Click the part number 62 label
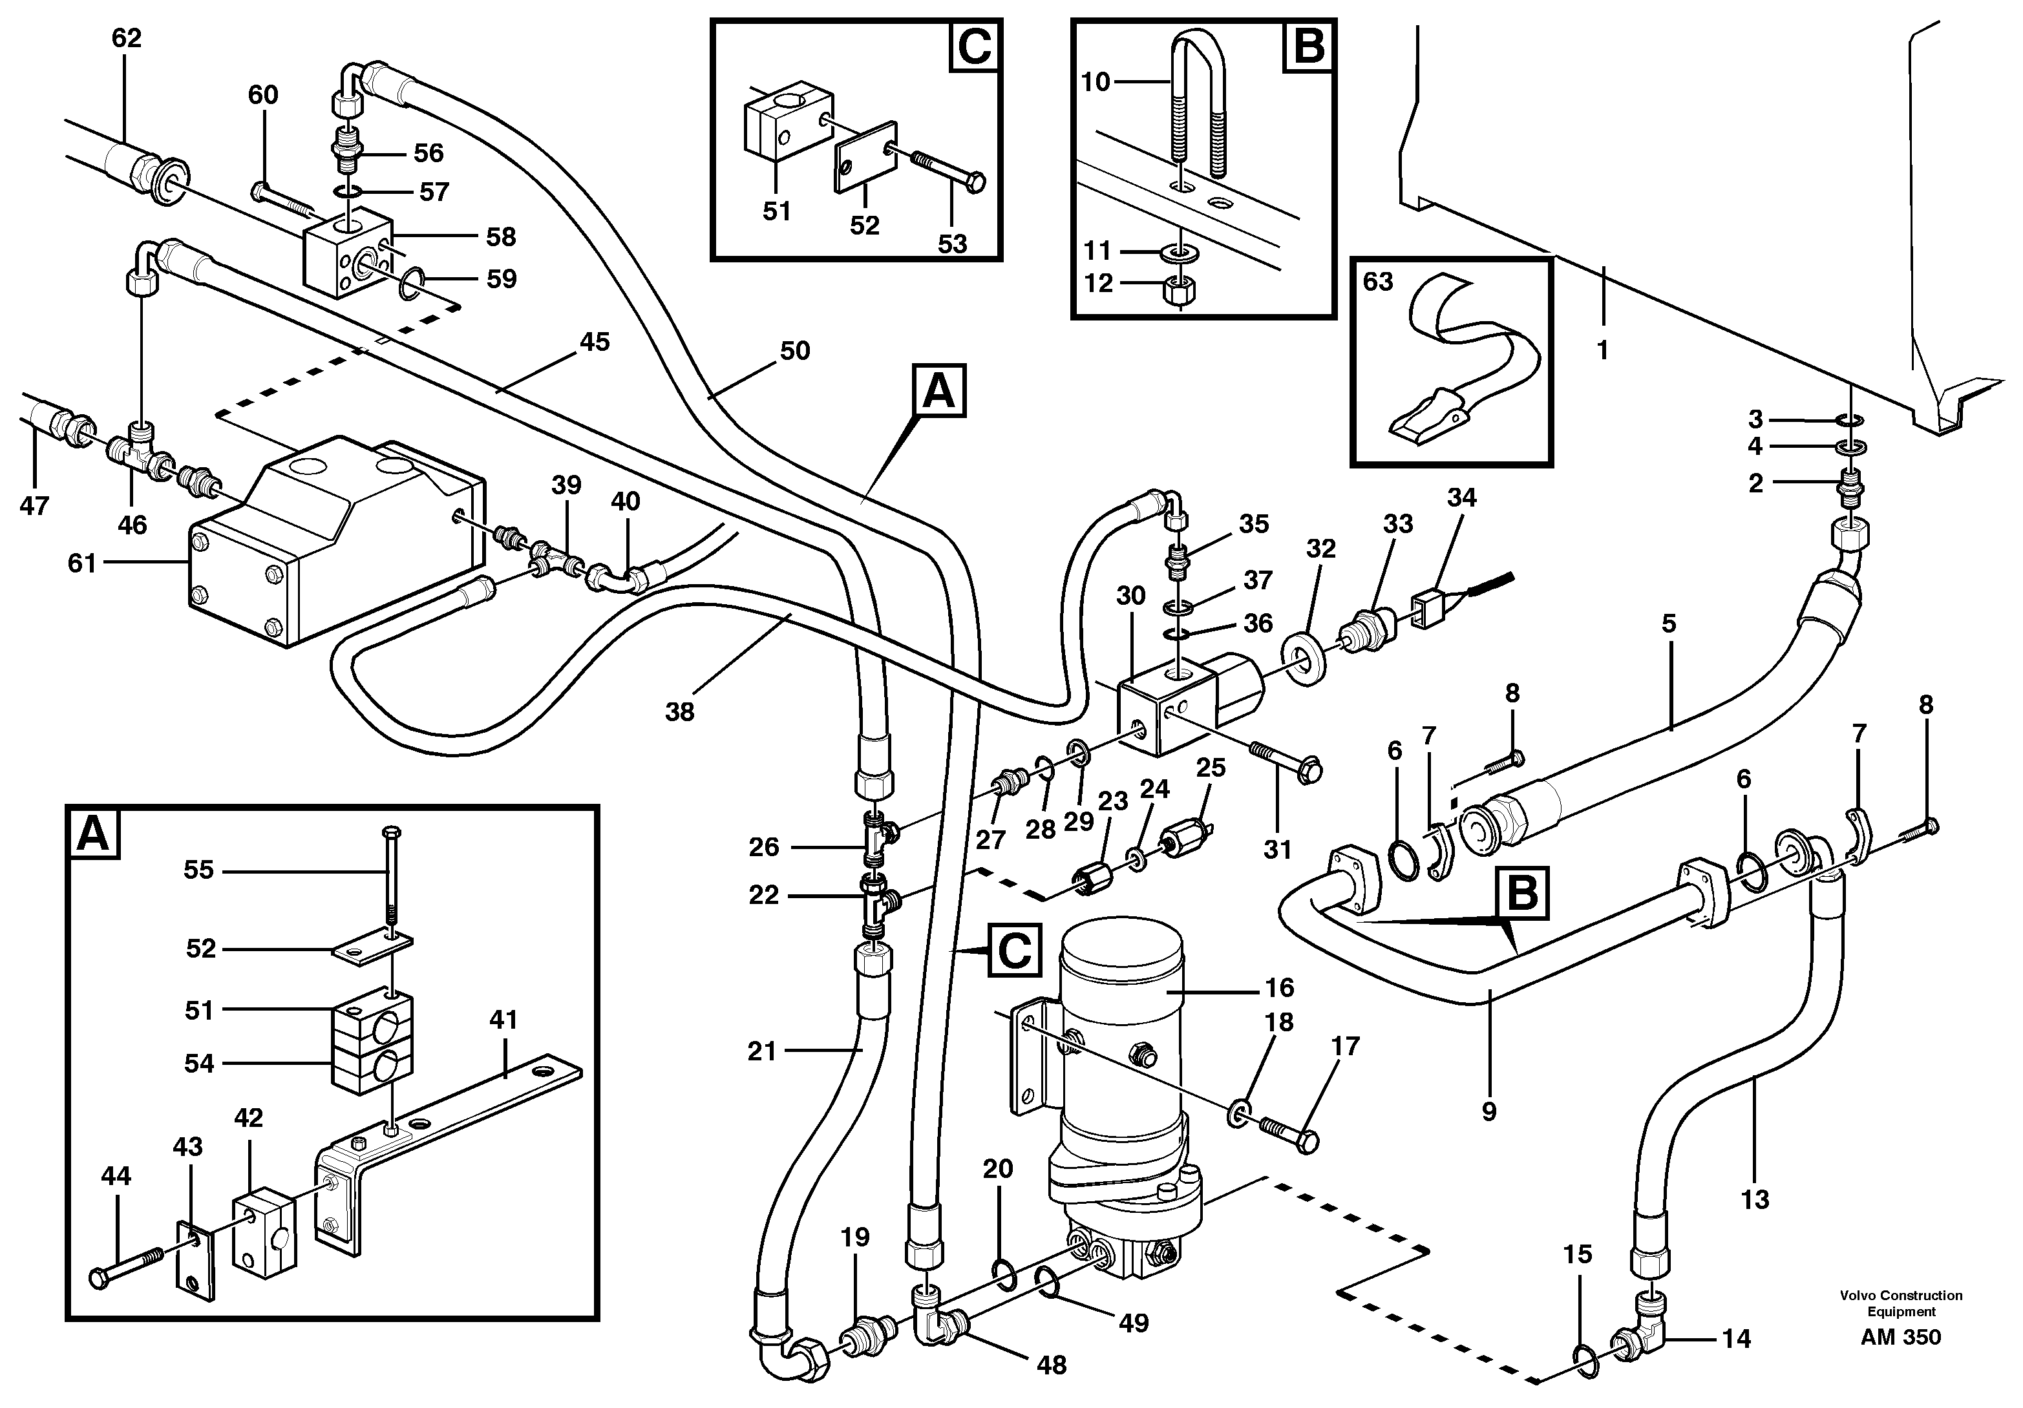click(126, 38)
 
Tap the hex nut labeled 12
click(1181, 290)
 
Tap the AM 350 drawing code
click(1901, 1338)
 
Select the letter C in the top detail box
click(975, 47)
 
